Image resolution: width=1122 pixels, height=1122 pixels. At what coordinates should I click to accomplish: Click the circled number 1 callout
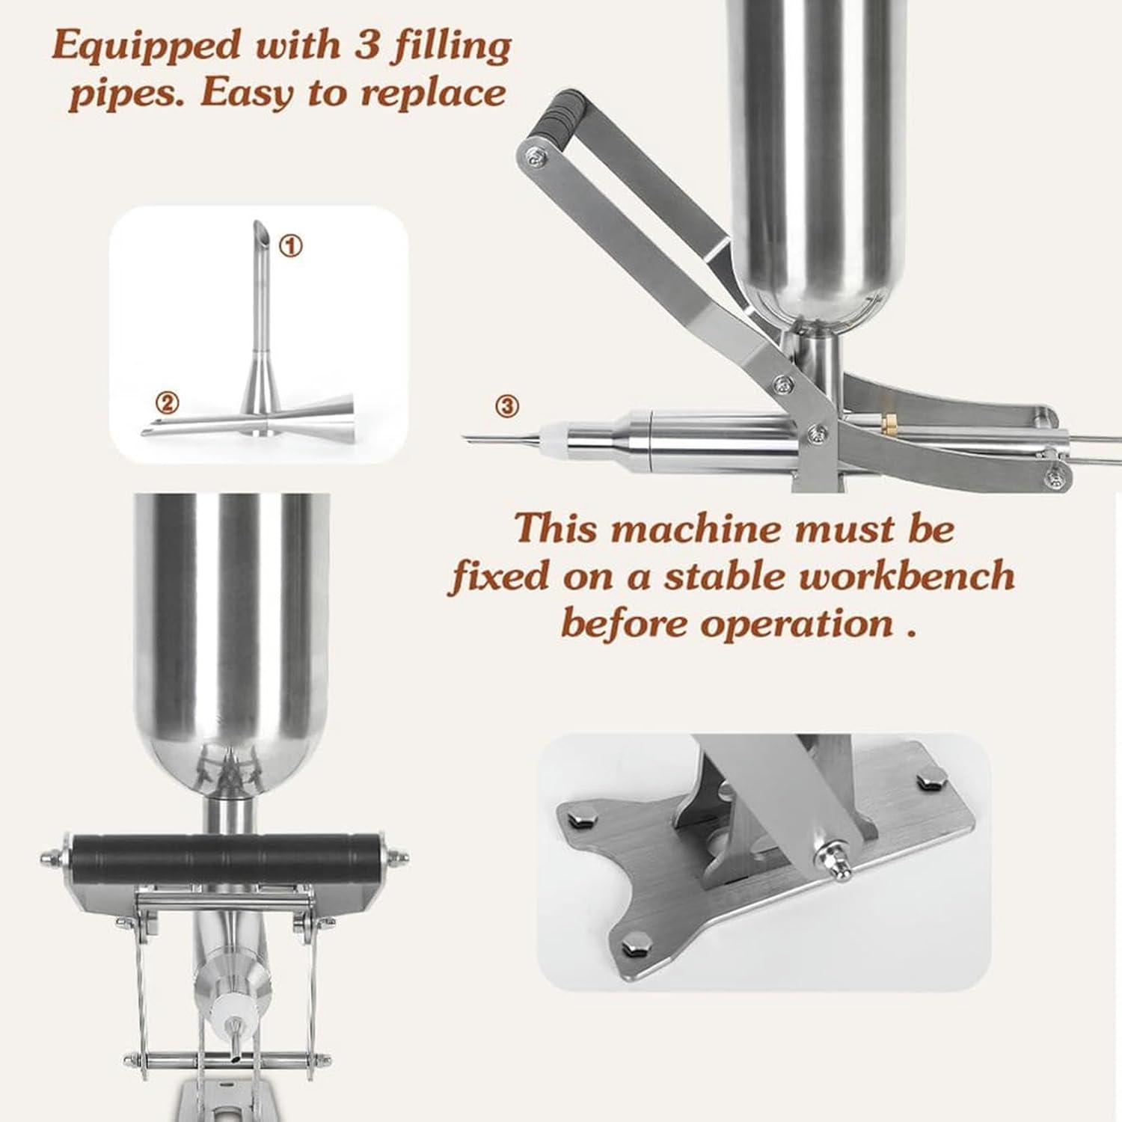(x=291, y=245)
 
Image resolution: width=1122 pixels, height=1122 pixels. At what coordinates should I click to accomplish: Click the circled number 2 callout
(x=168, y=404)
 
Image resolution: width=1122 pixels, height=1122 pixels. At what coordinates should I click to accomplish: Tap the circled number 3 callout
(x=507, y=406)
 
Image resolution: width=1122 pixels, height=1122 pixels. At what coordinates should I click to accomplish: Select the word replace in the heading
(x=433, y=93)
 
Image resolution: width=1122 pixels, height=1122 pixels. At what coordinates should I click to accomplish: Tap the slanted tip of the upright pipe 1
(x=257, y=228)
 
